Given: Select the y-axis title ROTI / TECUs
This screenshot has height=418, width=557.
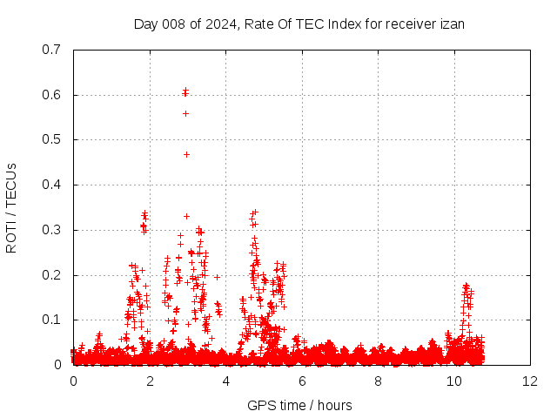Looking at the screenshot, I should (12, 207).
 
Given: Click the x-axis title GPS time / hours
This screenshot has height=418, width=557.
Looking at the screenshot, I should (300, 405).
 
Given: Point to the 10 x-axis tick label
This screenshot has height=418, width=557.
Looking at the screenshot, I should (454, 381).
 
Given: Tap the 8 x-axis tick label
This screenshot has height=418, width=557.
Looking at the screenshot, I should (379, 381).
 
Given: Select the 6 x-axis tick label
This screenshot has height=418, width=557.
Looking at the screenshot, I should (302, 381).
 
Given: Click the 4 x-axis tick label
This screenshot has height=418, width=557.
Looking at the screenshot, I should (226, 381).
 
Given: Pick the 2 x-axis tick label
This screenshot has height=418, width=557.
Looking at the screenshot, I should (150, 381).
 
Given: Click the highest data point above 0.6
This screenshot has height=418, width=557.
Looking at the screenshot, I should (185, 90).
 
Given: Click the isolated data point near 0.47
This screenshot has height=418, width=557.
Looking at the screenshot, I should (186, 154).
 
